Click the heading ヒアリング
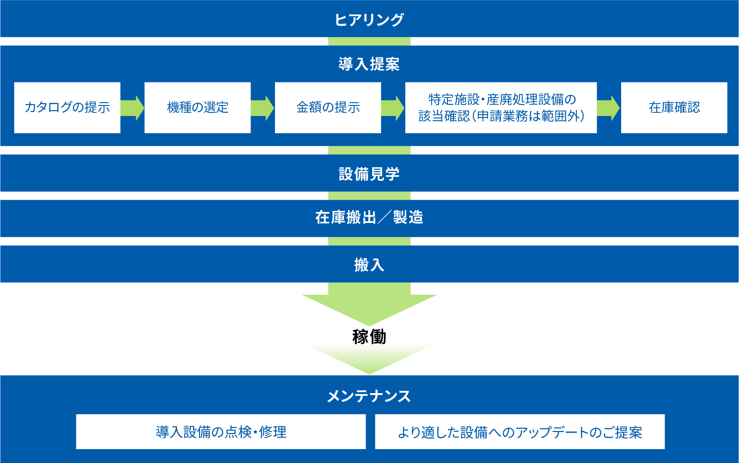coord(369,19)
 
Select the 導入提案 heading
coord(369,64)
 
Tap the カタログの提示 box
coord(67,108)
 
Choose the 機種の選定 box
coord(197,108)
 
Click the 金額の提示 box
coord(328,108)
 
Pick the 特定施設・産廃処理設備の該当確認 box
coord(501,108)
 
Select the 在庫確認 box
coord(674,108)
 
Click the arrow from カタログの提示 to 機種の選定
coord(132,108)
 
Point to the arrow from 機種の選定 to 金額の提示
coord(263,108)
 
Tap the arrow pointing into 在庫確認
coord(608,108)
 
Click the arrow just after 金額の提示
coord(393,108)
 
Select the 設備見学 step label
coord(369,174)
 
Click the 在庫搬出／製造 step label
coord(369,217)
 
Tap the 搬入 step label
coord(369,265)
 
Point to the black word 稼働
coord(369,337)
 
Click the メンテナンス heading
coord(369,396)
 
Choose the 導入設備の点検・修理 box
coord(221,432)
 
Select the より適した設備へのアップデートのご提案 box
coord(520,432)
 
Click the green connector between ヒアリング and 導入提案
coord(369,41)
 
